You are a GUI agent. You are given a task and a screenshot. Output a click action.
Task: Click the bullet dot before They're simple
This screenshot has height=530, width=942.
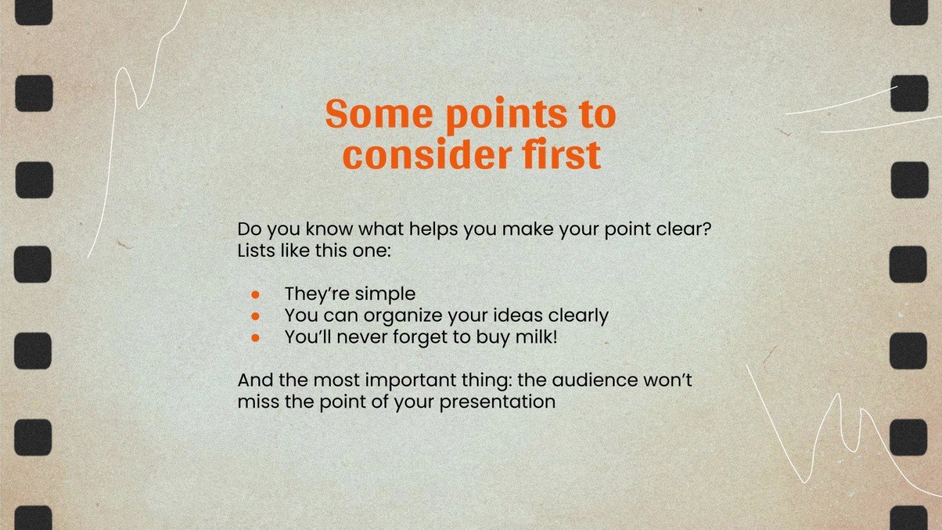[256, 294]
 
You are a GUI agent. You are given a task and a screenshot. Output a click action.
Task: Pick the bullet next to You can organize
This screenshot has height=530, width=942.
[256, 316]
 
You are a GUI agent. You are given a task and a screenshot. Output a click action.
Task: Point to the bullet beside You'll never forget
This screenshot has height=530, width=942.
[256, 338]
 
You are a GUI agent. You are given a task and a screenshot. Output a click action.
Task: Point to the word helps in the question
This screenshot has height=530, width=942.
[415, 230]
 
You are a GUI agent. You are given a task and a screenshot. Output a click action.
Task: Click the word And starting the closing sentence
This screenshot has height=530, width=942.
[254, 381]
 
